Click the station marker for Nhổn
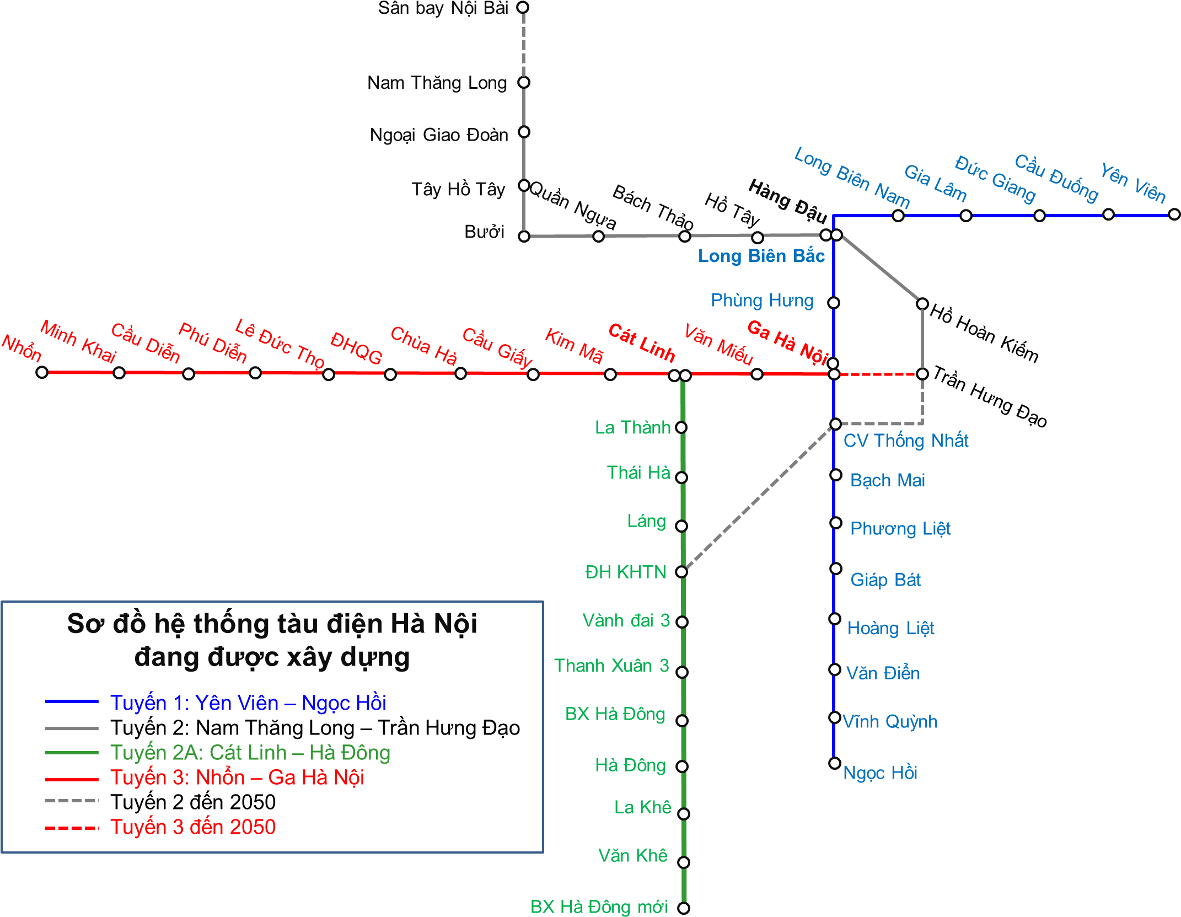point(42,372)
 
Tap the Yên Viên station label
point(1133,183)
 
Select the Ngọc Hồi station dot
point(835,763)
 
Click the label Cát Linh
point(641,343)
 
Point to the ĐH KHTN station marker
point(681,572)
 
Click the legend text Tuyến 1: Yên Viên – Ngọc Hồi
point(248,703)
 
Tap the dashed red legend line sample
point(72,828)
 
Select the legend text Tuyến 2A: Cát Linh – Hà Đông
point(250,753)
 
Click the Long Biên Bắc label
point(761,256)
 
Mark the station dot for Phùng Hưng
point(834,303)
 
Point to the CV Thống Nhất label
point(906,441)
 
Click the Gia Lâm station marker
point(966,216)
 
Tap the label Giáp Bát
point(885,580)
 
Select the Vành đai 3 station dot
point(682,622)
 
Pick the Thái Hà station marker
point(681,478)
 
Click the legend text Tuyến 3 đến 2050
point(193,827)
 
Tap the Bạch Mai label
point(887,480)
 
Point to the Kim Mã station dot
point(610,374)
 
